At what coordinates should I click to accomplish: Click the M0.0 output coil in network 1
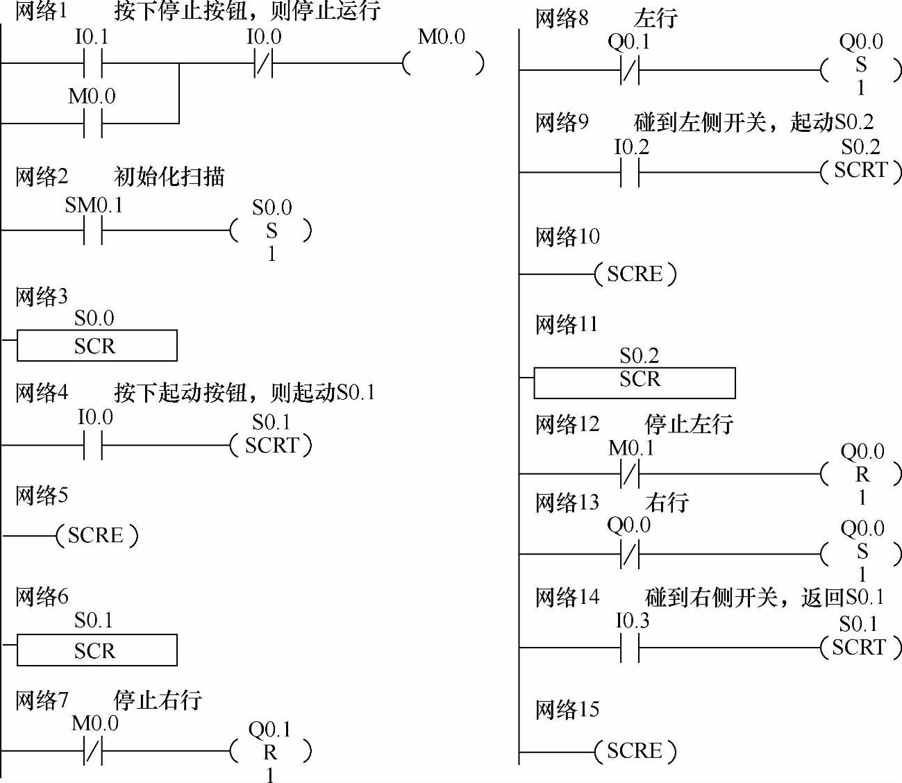point(442,64)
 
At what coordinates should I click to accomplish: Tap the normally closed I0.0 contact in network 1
point(263,64)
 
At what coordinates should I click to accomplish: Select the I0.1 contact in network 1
point(92,64)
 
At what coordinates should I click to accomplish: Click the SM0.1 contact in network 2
point(92,230)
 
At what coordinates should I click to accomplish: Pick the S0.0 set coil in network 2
point(271,230)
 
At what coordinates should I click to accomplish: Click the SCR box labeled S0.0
point(97,345)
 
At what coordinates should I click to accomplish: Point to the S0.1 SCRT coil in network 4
point(271,445)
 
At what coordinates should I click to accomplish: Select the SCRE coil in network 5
point(97,535)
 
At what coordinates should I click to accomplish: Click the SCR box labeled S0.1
point(97,650)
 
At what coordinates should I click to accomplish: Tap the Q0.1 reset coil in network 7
point(270,751)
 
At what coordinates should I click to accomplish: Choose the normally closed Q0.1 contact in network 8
point(629,69)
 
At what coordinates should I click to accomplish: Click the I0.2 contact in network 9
point(630,172)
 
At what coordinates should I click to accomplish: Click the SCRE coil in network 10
point(635,274)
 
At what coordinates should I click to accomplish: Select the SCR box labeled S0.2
point(634,382)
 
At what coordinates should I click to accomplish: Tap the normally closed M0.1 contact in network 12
point(629,474)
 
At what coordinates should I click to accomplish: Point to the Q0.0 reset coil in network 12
point(861,474)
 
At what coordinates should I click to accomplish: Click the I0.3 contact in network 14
point(630,648)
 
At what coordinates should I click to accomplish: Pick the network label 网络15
point(567,709)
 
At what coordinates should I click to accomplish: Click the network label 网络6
point(42,596)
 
